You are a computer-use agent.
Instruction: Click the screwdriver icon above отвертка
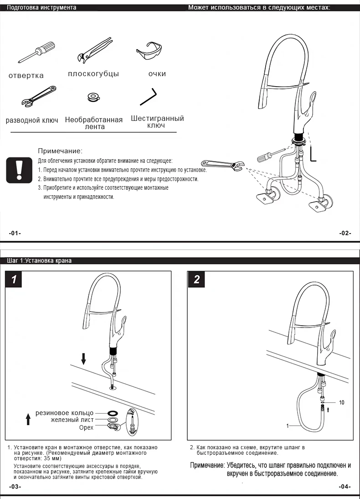pos(37,52)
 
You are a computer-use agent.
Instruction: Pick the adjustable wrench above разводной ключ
pos(39,96)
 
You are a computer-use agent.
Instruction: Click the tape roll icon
pos(93,97)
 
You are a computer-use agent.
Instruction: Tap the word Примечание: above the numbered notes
pos(60,151)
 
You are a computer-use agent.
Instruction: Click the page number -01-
pos(15,233)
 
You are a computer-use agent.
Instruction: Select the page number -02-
pos(345,233)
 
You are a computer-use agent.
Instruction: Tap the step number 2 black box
pos(196,279)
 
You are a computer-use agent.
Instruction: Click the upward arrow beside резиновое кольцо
pos(28,418)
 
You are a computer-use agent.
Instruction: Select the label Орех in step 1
pos(86,427)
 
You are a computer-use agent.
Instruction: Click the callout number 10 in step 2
pos(342,402)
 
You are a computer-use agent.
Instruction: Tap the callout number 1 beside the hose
pos(288,426)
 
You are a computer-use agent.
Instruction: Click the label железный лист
pos(72,420)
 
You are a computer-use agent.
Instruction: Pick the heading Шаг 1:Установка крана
pos(39,261)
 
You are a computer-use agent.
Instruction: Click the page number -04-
pos(345,487)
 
